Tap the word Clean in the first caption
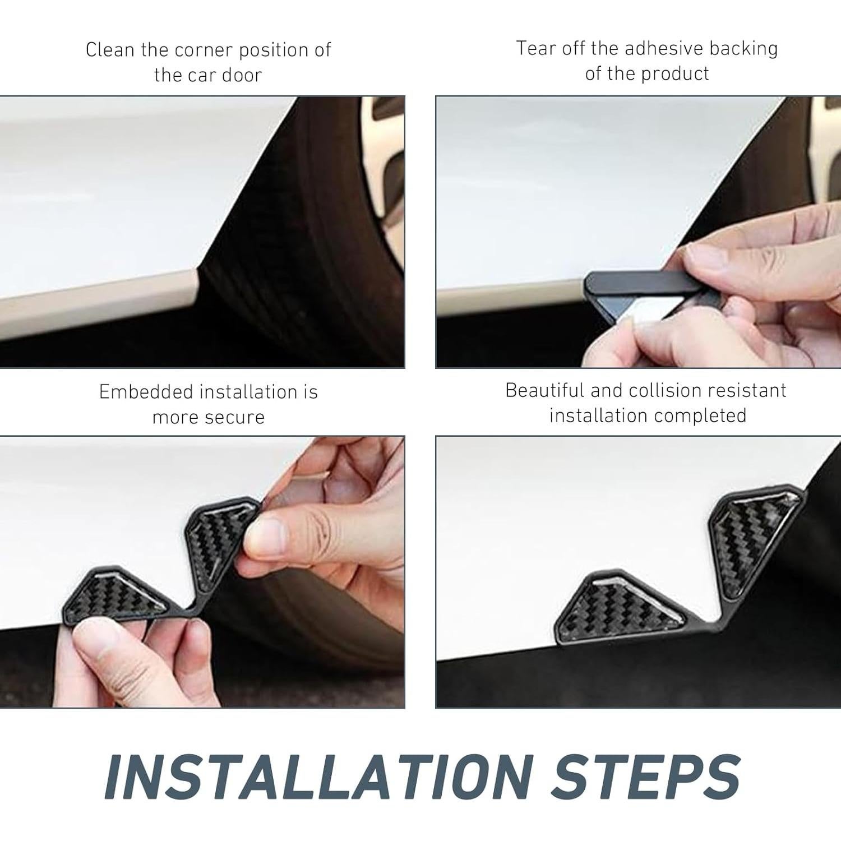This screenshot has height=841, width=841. [110, 50]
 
